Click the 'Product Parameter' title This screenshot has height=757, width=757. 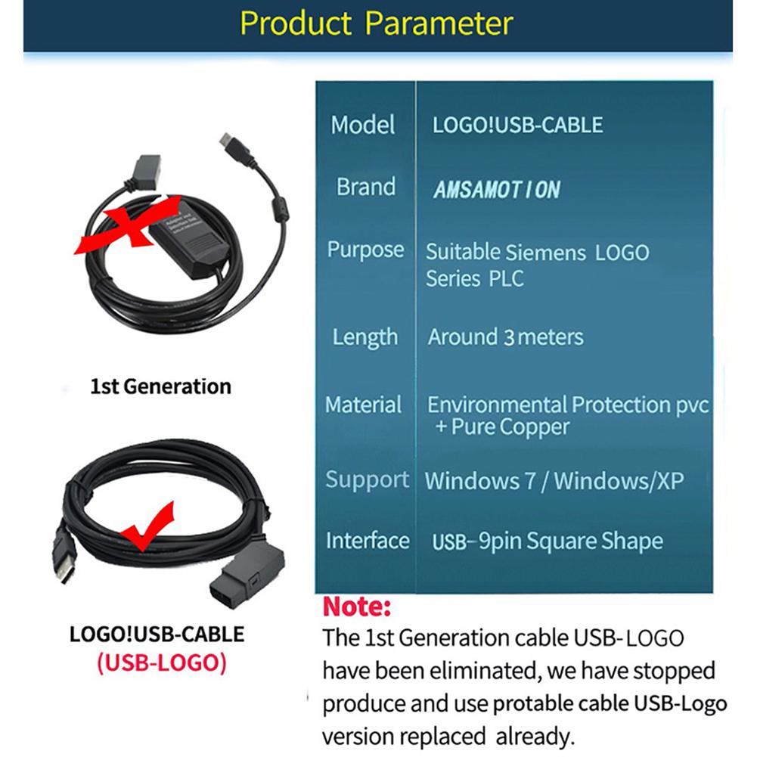[377, 23]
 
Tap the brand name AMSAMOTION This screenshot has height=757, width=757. [497, 189]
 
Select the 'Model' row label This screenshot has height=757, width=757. [363, 125]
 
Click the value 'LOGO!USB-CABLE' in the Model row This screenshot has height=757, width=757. [518, 125]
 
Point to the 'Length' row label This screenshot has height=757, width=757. [365, 337]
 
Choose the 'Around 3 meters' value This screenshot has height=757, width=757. [506, 337]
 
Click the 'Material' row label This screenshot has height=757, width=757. [364, 405]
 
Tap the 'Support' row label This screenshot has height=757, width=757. [368, 480]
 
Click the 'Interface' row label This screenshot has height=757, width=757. [368, 541]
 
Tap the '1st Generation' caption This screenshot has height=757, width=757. [160, 386]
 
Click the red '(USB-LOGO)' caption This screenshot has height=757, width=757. [161, 662]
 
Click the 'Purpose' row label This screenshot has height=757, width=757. [365, 250]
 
